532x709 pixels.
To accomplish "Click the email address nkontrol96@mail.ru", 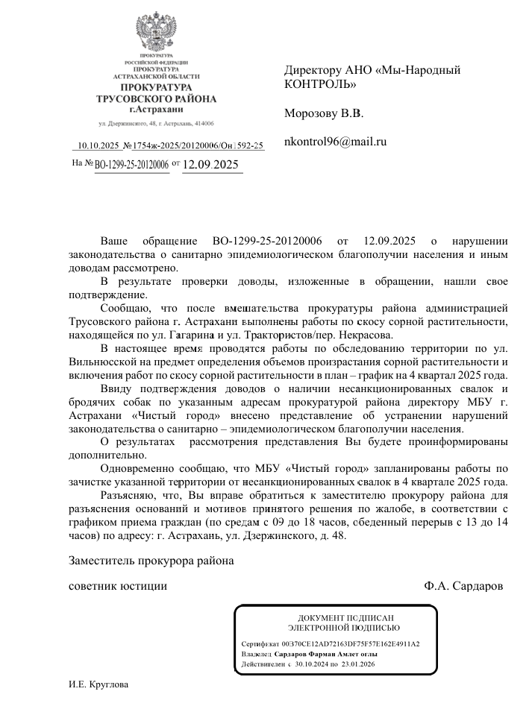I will coord(335,141).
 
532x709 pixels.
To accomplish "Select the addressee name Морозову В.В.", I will coord(323,114).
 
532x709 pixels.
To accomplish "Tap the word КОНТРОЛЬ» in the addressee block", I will coord(320,83).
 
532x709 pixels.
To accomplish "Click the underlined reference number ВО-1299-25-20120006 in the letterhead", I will coord(132,165).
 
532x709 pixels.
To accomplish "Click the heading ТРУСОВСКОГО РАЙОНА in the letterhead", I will coord(157,99).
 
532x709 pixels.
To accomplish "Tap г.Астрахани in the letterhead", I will coord(157,109).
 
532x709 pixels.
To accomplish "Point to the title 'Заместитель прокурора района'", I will coord(151,560).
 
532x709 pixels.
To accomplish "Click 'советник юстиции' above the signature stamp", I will coord(118,585).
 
